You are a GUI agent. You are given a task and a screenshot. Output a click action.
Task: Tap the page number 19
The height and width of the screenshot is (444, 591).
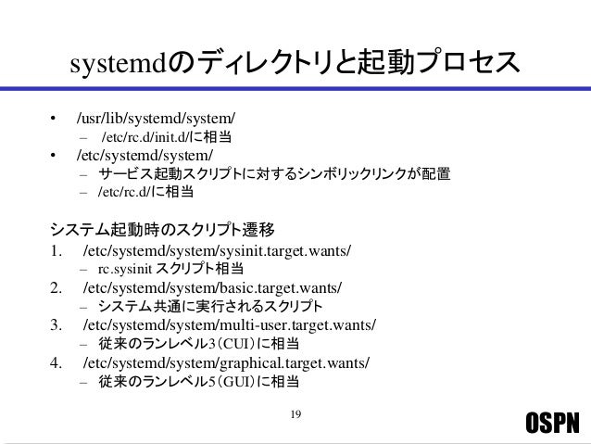295,412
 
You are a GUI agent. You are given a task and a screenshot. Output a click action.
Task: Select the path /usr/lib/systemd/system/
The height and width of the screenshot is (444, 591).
156,119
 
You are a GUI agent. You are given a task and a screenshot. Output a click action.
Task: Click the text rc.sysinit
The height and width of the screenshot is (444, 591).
126,269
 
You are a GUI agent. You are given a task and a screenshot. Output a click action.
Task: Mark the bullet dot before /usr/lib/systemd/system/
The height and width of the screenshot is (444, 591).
54,120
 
